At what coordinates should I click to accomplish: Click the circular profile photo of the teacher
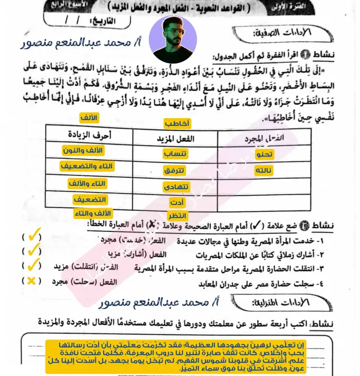coord(173,39)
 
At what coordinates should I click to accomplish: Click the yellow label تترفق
coord(176,170)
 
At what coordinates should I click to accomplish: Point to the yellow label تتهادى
coord(177,186)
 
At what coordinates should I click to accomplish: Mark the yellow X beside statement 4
coord(32,281)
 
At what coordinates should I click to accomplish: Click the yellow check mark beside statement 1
coord(33,237)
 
